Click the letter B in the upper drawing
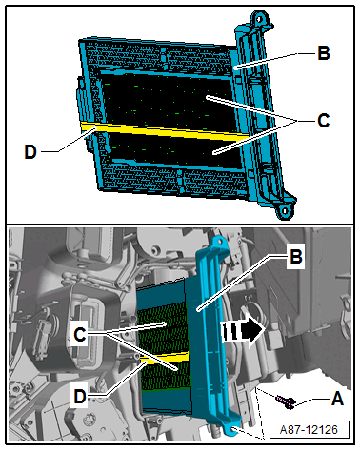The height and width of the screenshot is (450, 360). pyautogui.click(x=324, y=53)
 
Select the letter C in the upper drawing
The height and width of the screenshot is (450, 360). pyautogui.click(x=324, y=121)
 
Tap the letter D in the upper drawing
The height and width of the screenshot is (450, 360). pyautogui.click(x=30, y=152)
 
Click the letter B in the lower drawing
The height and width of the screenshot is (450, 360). pyautogui.click(x=296, y=256)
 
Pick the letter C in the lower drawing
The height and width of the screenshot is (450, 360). pyautogui.click(x=80, y=334)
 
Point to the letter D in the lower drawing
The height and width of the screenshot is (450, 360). pyautogui.click(x=80, y=396)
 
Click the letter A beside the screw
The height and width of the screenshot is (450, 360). pyautogui.click(x=337, y=398)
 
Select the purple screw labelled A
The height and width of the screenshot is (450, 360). pyautogui.click(x=286, y=401)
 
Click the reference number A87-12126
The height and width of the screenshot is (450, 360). pyautogui.click(x=309, y=430)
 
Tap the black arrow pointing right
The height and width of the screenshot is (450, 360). pyautogui.click(x=244, y=332)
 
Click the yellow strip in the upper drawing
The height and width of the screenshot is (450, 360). pyautogui.click(x=165, y=131)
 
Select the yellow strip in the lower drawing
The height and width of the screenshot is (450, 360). pyautogui.click(x=165, y=357)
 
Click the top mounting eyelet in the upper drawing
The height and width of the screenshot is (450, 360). pyautogui.click(x=259, y=18)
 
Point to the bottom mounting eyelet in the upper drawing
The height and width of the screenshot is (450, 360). pyautogui.click(x=285, y=210)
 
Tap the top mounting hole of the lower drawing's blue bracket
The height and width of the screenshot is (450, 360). pyautogui.click(x=220, y=242)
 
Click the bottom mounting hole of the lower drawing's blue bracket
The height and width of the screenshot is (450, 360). pyautogui.click(x=233, y=429)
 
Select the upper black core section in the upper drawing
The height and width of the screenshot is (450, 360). pyautogui.click(x=169, y=100)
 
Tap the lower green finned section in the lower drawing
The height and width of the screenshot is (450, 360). pyautogui.click(x=166, y=376)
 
